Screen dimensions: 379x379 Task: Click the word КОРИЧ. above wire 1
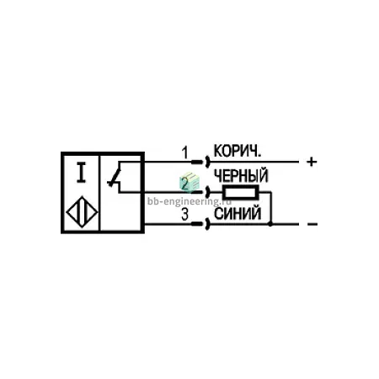(x=238, y=151)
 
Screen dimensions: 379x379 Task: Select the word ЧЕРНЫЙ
(x=241, y=175)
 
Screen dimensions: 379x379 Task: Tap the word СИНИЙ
(x=238, y=213)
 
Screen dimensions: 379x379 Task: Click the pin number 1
(x=184, y=152)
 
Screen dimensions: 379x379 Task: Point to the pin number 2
(x=184, y=184)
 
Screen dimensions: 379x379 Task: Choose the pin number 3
(x=184, y=215)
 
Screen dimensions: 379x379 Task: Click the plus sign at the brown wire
(x=312, y=162)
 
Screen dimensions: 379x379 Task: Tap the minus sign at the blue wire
(x=312, y=224)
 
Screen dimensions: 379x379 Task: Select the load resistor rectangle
(x=241, y=192)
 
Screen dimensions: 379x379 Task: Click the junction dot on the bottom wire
(x=270, y=224)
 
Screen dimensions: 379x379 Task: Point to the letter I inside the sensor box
(x=81, y=173)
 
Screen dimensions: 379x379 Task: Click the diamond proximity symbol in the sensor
(x=82, y=211)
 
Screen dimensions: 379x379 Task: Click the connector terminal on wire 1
(x=200, y=162)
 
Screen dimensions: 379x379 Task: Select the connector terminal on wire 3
(x=200, y=224)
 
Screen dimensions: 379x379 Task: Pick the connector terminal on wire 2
(x=201, y=192)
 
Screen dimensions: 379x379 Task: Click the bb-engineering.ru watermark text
(x=189, y=201)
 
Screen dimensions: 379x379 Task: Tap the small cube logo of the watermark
(x=189, y=182)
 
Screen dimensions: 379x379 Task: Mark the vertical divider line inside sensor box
(x=99, y=192)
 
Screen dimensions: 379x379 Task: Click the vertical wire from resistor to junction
(x=271, y=208)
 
